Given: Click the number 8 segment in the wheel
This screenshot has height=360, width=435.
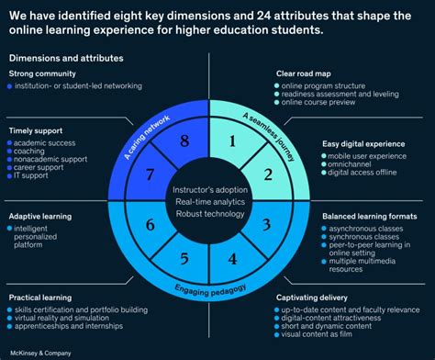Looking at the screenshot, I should tap(184, 141).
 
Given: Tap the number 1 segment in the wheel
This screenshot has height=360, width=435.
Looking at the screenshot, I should tap(234, 141).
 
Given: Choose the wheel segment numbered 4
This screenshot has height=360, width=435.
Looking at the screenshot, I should tap(234, 259).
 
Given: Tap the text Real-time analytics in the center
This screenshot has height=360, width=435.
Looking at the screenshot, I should tap(208, 201).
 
